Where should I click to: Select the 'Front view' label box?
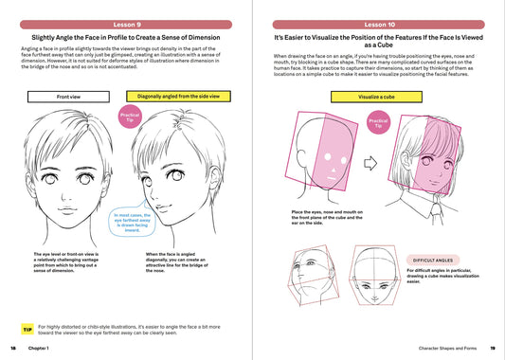pos(68,97)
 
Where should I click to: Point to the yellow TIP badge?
pos(27,328)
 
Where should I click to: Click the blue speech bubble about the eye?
pos(122,222)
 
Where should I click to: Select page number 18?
pos(12,351)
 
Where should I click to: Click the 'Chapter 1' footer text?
pos(40,351)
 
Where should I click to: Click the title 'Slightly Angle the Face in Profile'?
pos(127,38)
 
